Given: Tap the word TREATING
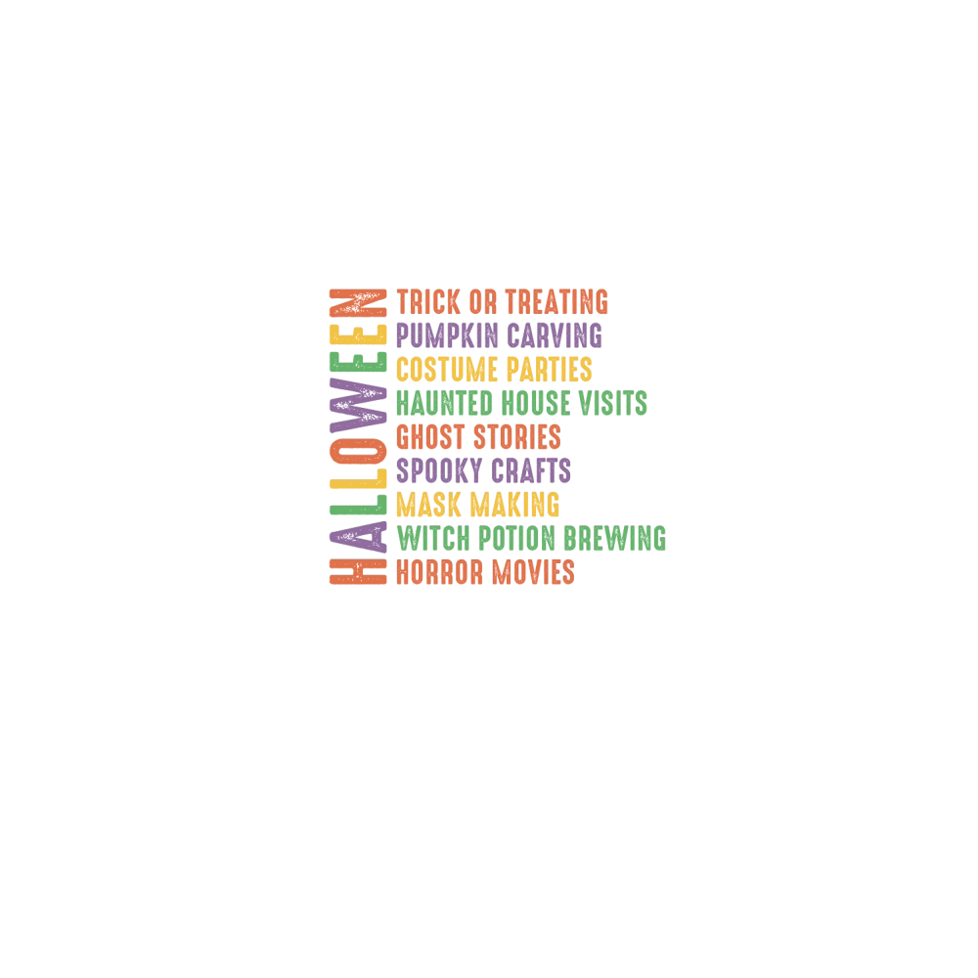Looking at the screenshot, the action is coord(556,302).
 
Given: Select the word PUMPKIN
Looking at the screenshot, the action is coord(447,335).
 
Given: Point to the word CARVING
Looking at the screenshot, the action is coord(555,335).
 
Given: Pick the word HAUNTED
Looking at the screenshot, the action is coord(445,403).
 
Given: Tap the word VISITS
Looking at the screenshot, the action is coord(612,403).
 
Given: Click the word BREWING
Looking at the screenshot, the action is coord(615,538).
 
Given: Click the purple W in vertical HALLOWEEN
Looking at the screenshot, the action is coord(358,406).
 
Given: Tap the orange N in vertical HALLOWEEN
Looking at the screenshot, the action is coord(358,303).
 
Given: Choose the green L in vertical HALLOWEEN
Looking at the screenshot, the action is coord(358,505).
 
